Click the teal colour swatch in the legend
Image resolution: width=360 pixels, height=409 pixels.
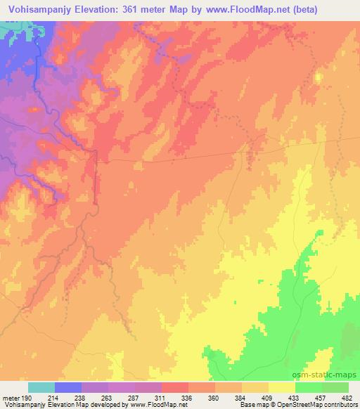pos(41,388)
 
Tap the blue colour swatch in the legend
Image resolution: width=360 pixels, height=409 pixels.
pos(67,388)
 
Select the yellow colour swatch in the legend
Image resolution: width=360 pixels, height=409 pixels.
pos(281,388)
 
